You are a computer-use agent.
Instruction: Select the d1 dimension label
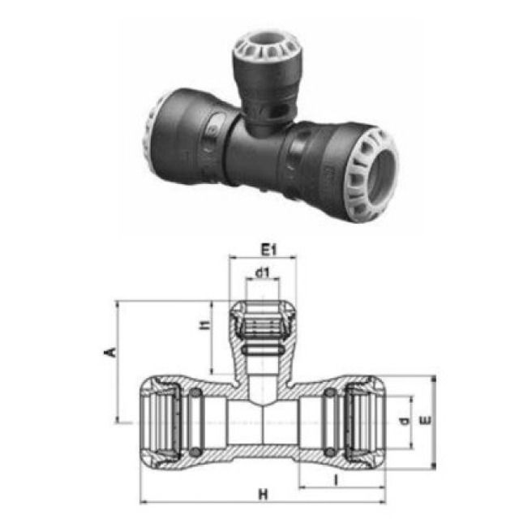pos(261,273)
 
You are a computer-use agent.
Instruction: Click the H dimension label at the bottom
pos(261,493)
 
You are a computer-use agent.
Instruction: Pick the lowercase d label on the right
pos(403,421)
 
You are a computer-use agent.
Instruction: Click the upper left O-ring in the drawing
pos(195,394)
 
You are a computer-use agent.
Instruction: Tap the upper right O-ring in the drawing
pos(329,394)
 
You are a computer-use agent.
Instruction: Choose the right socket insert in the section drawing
pos(364,421)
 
